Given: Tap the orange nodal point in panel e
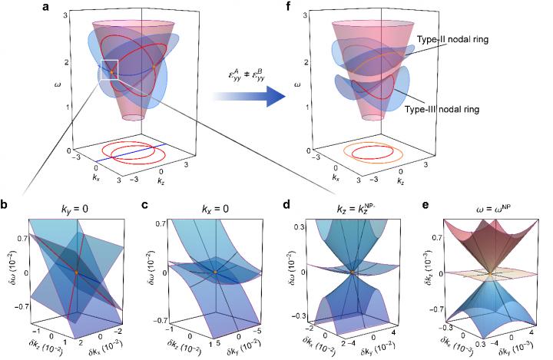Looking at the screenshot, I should (490, 272).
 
